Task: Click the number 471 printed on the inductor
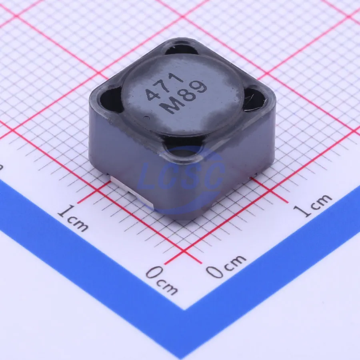coord(164,86)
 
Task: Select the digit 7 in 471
coord(164,86)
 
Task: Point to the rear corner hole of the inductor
coord(181,50)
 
